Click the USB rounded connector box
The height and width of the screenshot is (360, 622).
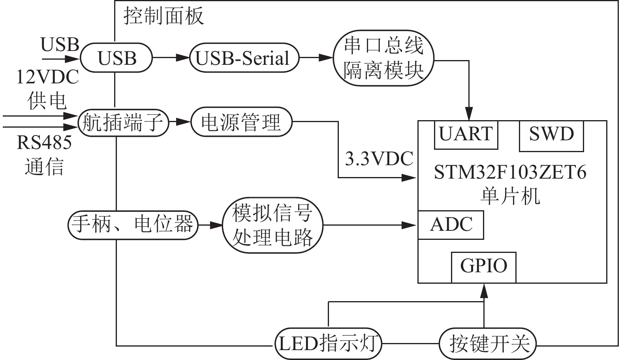tap(117, 58)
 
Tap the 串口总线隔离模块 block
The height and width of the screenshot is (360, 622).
tap(383, 58)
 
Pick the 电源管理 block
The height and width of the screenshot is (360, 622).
tap(241, 122)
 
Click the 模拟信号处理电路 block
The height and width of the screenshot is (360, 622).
tap(272, 225)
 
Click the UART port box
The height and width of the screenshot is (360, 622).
tap(466, 135)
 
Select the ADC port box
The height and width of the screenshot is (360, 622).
tap(451, 225)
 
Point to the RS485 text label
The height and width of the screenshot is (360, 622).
tap(44, 143)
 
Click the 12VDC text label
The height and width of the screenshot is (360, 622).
tap(47, 77)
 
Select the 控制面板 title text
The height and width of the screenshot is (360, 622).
tap(164, 16)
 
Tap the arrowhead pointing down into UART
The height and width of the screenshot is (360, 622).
tap(469, 115)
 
